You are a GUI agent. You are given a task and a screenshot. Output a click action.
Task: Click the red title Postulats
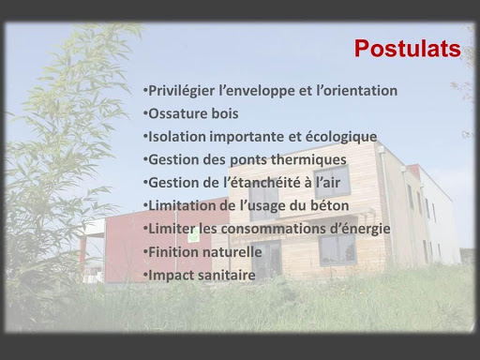[x=407, y=49]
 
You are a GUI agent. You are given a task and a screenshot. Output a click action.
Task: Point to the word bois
[x=225, y=113]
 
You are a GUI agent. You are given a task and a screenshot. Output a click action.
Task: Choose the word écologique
[x=341, y=137]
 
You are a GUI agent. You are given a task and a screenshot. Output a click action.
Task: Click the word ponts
[x=248, y=160]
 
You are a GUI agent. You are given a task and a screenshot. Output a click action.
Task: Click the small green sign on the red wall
[x=193, y=235]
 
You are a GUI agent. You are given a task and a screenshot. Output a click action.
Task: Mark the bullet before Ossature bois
[x=145, y=113]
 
